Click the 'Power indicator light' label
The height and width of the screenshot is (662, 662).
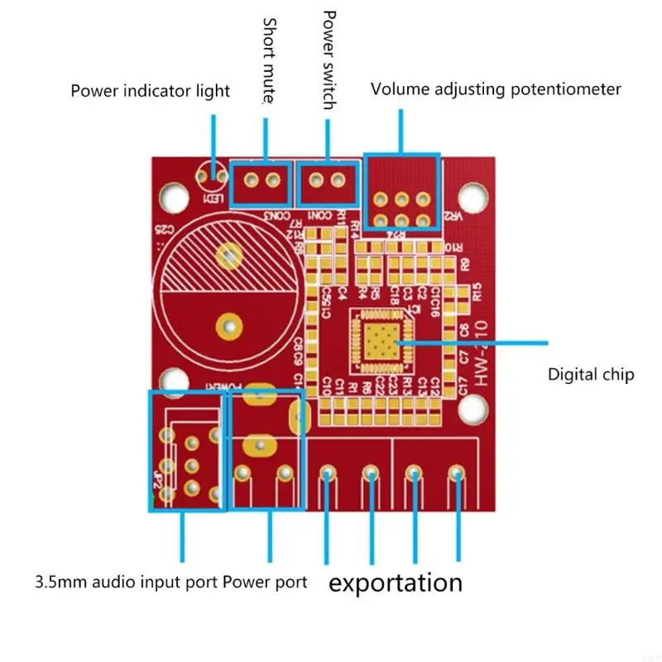[x=150, y=91]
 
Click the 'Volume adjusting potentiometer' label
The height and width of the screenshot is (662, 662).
[x=495, y=89]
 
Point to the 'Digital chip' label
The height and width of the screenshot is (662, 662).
[x=591, y=375]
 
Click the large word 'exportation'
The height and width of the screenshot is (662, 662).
[x=396, y=582]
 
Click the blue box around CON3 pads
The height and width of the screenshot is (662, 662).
[x=261, y=183]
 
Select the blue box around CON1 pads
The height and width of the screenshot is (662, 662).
[x=329, y=183]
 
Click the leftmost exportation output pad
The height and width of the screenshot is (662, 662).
[x=328, y=473]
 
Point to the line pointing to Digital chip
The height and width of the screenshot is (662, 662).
[x=472, y=342]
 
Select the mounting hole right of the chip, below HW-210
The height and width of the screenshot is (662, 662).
[x=473, y=407]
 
